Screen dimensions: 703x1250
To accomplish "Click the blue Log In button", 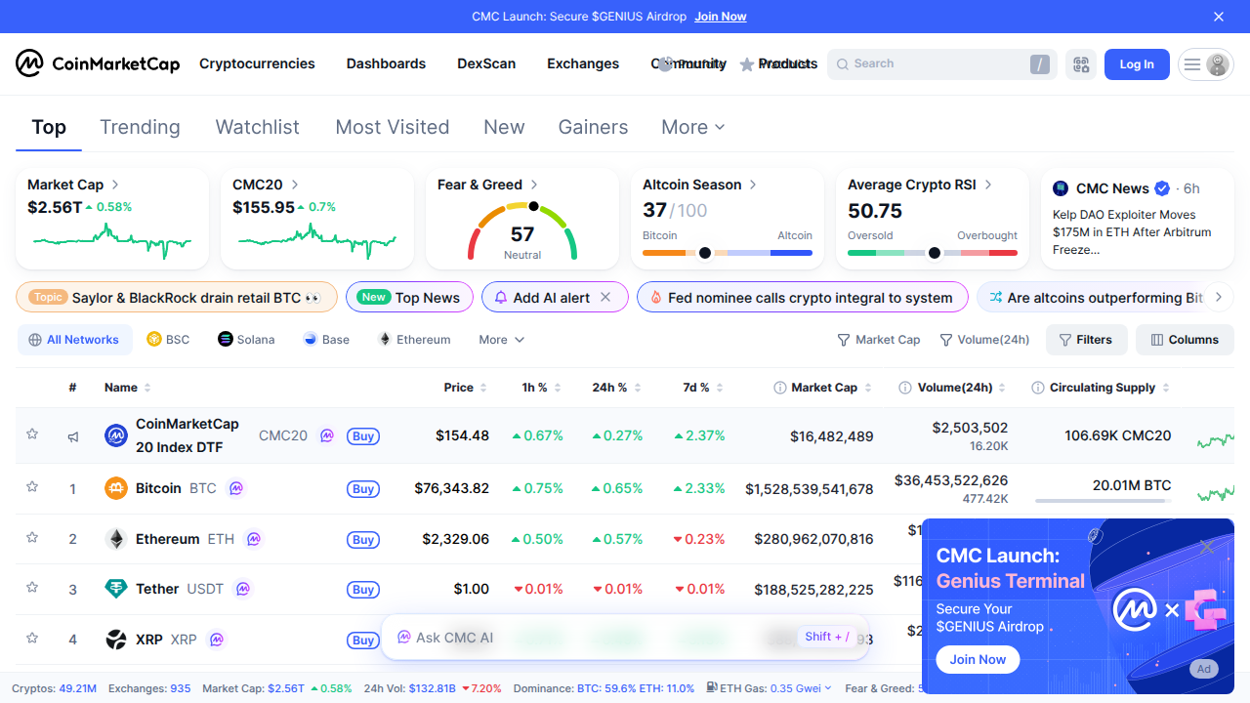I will [x=1136, y=64].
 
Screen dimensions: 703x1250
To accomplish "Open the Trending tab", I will [x=140, y=127].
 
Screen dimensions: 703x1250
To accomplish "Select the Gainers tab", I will [x=593, y=127].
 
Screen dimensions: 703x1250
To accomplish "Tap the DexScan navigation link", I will [x=486, y=63].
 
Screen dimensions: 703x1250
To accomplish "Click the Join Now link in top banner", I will [x=720, y=17].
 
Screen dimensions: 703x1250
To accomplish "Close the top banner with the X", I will [x=1218, y=17].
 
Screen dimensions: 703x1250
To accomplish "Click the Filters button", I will [x=1086, y=340].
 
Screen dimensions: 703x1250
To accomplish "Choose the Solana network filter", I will [x=246, y=340].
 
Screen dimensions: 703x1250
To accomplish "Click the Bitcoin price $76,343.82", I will [x=451, y=488].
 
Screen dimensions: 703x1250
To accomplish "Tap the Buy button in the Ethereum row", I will [x=363, y=540].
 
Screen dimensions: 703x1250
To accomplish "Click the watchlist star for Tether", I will [x=32, y=588].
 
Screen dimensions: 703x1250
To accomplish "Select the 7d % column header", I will [x=696, y=388].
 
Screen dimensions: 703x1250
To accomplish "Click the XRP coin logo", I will [x=116, y=640].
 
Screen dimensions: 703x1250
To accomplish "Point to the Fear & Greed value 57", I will [x=522, y=234].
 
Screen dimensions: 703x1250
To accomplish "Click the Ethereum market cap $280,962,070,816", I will [x=813, y=539].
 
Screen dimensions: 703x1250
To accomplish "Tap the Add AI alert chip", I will [x=551, y=298].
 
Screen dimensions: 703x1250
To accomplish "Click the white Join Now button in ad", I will [x=978, y=659].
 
